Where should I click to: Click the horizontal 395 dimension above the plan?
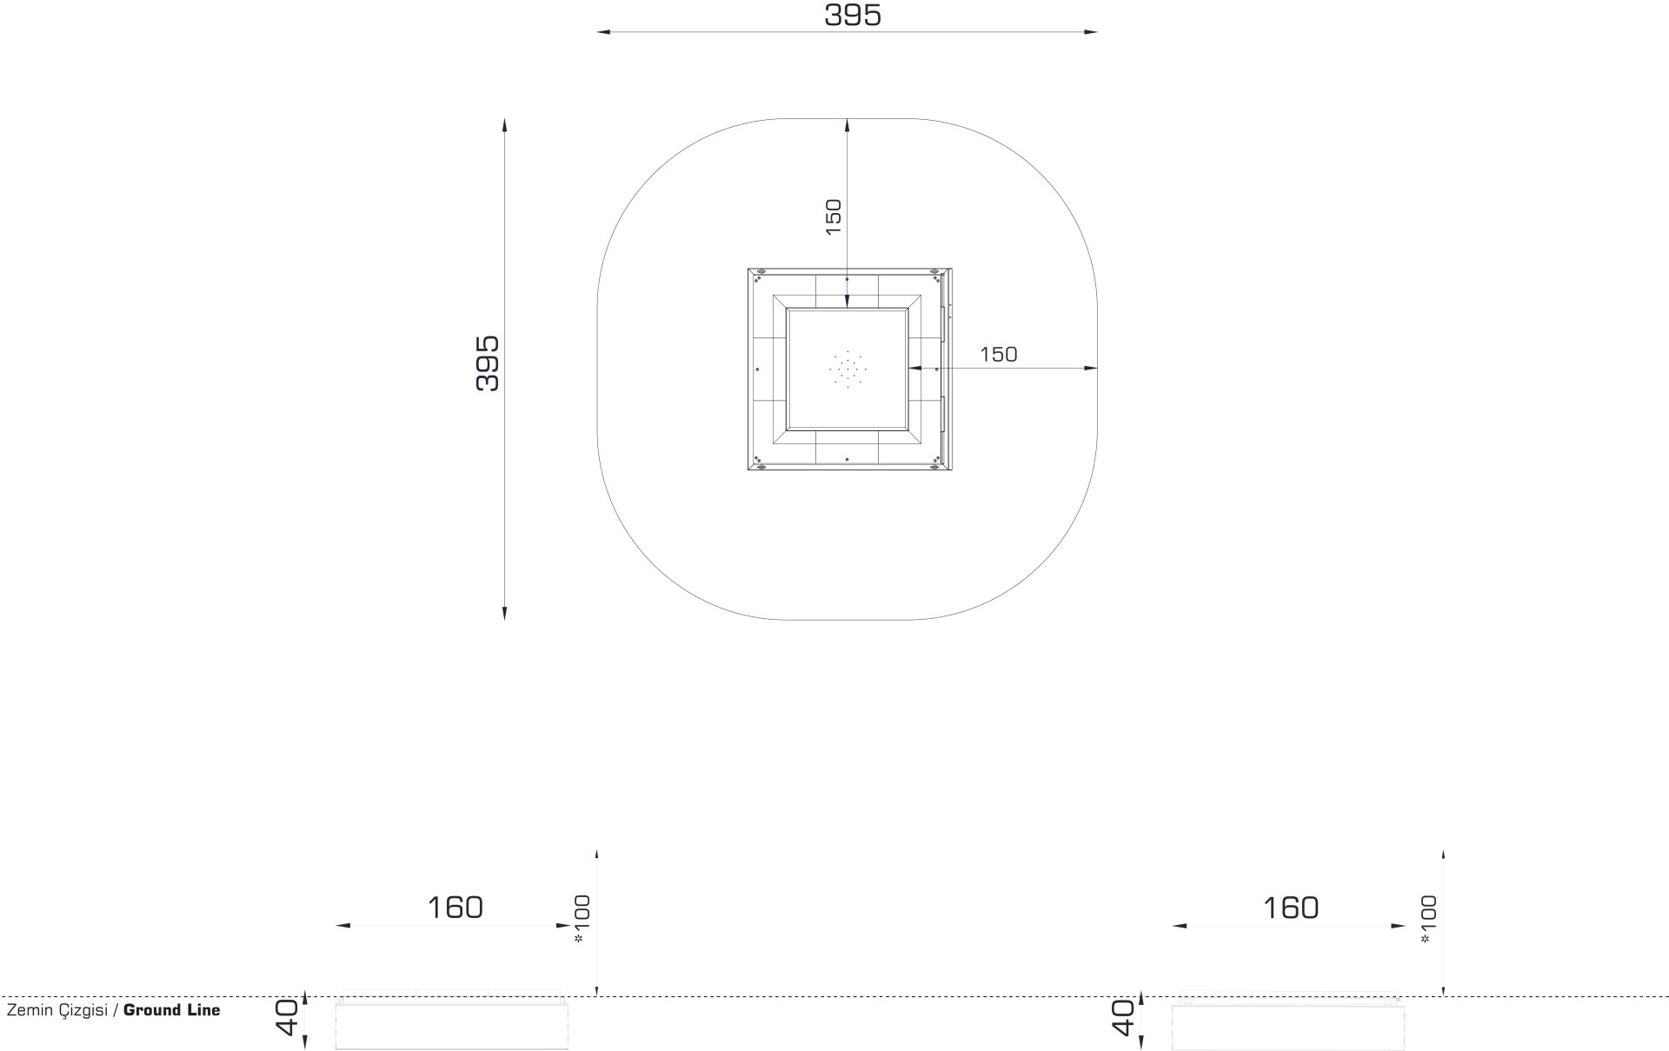853,15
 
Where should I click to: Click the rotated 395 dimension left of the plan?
489,363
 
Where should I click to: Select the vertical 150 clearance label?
833,217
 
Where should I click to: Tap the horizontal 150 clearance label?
998,355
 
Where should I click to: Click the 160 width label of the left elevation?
455,908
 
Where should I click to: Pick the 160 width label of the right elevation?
1291,908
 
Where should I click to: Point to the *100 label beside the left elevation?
582,919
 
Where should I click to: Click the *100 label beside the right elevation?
1428,919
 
